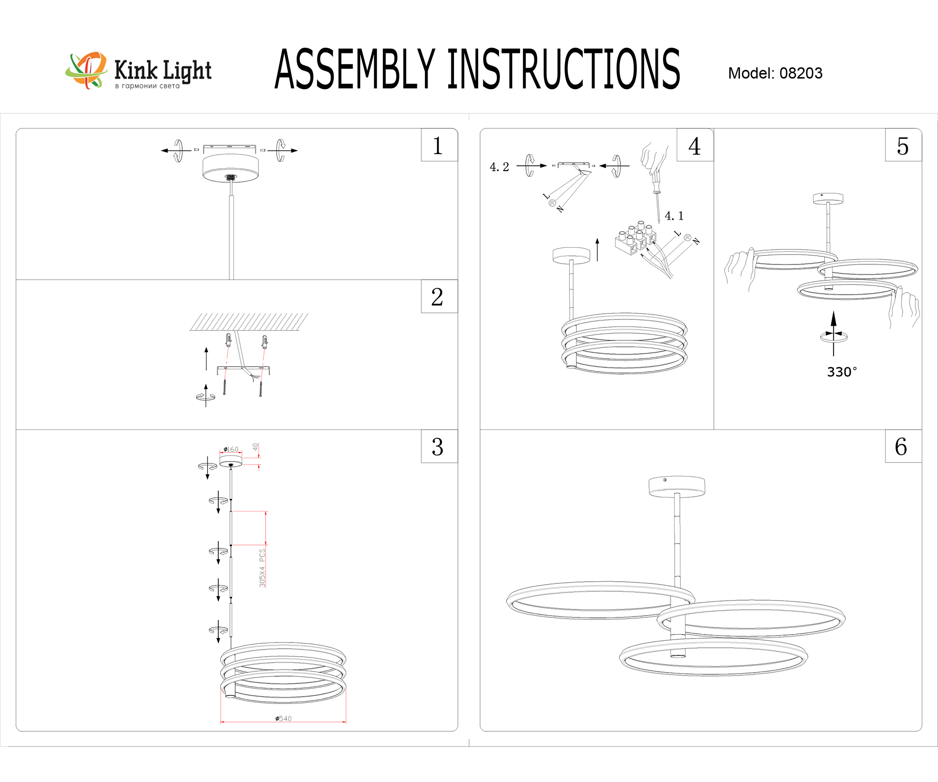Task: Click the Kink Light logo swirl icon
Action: point(86,70)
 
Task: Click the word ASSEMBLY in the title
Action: point(355,69)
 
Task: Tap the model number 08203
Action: point(800,73)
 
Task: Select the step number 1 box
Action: point(439,145)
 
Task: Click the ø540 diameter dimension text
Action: point(283,718)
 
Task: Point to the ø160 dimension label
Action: point(231,449)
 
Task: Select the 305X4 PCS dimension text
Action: point(262,568)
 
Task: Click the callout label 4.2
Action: point(499,167)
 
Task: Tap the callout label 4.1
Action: point(674,216)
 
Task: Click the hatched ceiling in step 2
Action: point(249,322)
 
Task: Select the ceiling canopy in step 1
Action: point(230,167)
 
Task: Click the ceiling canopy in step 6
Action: point(677,486)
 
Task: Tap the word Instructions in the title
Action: point(564,69)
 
